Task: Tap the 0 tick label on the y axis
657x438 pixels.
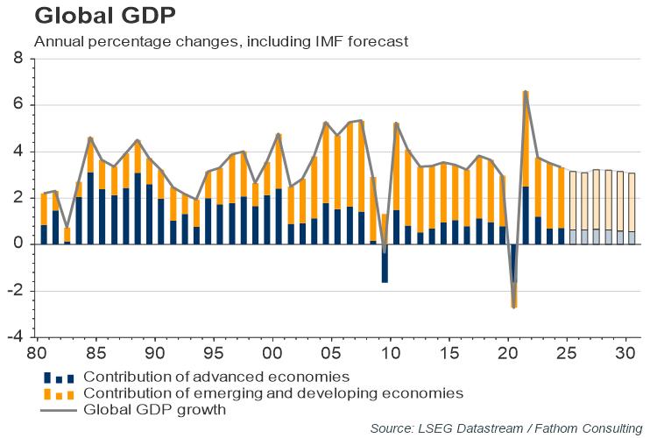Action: point(18,244)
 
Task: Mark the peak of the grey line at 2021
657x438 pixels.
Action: point(526,91)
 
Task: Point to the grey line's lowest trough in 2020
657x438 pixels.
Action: point(514,307)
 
